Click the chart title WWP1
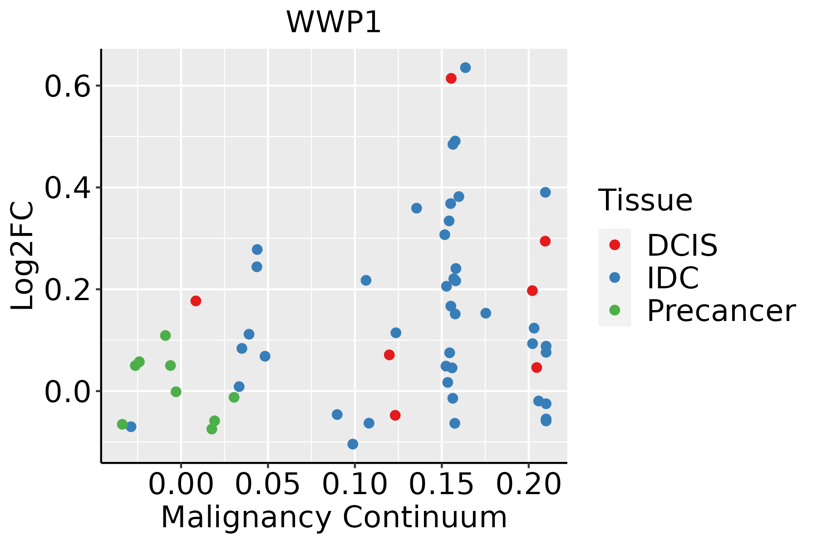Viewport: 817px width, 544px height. pos(333,22)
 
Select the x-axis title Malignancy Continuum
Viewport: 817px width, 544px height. pos(334,517)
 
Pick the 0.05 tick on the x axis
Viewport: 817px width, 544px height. pos(268,485)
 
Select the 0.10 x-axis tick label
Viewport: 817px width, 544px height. pos(355,485)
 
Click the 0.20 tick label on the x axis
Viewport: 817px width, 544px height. pos(529,485)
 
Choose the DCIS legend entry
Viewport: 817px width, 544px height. pos(682,245)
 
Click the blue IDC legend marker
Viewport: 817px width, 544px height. pos(615,277)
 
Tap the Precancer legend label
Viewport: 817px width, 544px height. pos(721,311)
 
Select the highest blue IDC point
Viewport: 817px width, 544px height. pos(465,68)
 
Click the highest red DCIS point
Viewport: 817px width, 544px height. pos(451,78)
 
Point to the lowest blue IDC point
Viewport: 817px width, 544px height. pos(353,444)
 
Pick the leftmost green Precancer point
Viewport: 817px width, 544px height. pos(122,424)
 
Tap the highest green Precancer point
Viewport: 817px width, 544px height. pos(165,335)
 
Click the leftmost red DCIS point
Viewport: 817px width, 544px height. pos(196,301)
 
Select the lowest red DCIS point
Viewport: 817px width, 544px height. pos(395,415)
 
